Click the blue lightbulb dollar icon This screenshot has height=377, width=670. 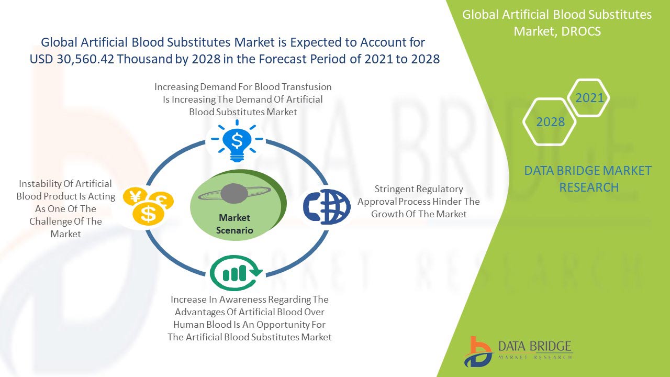point(237,141)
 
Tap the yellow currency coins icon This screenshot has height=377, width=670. point(148,206)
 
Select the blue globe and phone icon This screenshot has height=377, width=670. point(327,207)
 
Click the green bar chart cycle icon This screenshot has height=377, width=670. point(236,273)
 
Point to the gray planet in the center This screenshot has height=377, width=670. point(234,193)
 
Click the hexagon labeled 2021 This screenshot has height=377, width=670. point(588,97)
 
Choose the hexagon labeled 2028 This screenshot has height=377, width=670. point(550,122)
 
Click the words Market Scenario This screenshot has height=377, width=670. point(234,224)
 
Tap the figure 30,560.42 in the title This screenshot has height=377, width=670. point(85,59)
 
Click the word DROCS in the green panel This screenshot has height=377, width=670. point(581,31)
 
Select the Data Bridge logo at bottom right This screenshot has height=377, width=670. point(518,352)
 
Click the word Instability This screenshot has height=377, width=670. point(40,184)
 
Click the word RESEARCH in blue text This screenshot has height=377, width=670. point(589,187)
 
